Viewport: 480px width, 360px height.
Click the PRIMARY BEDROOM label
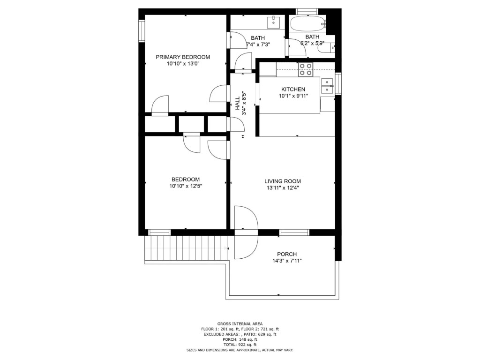tap(183, 57)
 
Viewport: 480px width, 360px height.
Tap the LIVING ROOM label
tap(283, 181)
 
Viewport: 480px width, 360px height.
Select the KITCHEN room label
tap(293, 90)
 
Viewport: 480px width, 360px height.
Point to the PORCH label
tap(287, 254)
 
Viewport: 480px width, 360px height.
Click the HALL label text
tap(238, 104)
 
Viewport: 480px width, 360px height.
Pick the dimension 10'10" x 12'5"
tap(186, 186)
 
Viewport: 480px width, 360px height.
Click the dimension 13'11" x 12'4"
tap(283, 188)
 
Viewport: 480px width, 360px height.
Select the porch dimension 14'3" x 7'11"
tap(287, 261)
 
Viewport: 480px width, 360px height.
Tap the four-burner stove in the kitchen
tap(306, 69)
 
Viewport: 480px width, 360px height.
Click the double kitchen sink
tap(327, 86)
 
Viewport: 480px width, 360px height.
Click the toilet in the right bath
tap(326, 48)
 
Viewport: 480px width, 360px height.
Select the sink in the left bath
tap(273, 22)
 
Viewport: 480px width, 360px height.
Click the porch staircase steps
tap(186, 248)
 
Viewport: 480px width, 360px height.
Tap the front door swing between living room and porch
tap(246, 232)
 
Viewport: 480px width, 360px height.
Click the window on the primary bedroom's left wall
tap(142, 30)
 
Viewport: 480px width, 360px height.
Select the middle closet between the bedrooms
tap(191, 124)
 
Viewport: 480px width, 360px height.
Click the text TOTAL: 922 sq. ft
tap(240, 345)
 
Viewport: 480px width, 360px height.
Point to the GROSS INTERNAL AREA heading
tap(240, 323)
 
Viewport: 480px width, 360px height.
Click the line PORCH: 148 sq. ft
tap(240, 339)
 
